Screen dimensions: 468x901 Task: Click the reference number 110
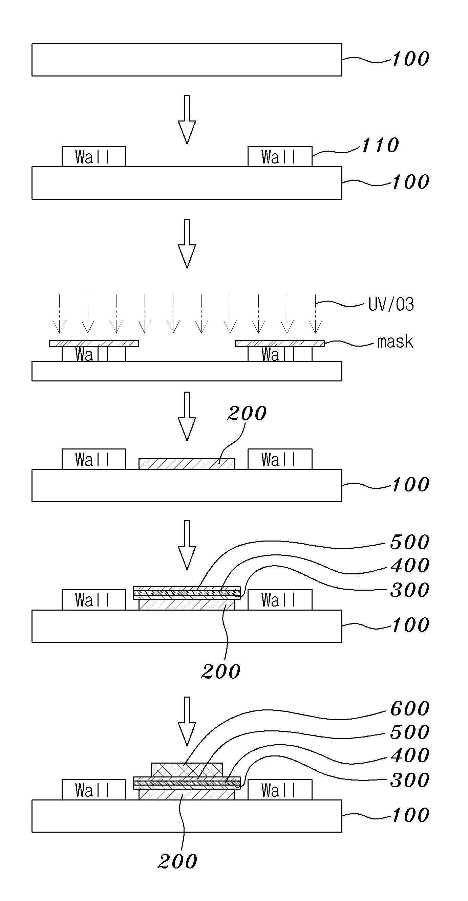[x=380, y=145]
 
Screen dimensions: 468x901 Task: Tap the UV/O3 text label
[x=391, y=304]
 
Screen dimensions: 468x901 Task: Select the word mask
[x=395, y=342]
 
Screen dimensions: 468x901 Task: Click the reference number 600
[x=409, y=709]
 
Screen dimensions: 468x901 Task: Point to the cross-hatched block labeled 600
[x=187, y=769]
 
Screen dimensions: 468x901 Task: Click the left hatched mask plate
[x=94, y=344]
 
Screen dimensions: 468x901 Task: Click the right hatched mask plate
[x=280, y=344]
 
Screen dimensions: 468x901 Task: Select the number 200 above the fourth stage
[x=247, y=413]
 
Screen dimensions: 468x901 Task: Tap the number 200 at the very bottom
[x=177, y=861]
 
